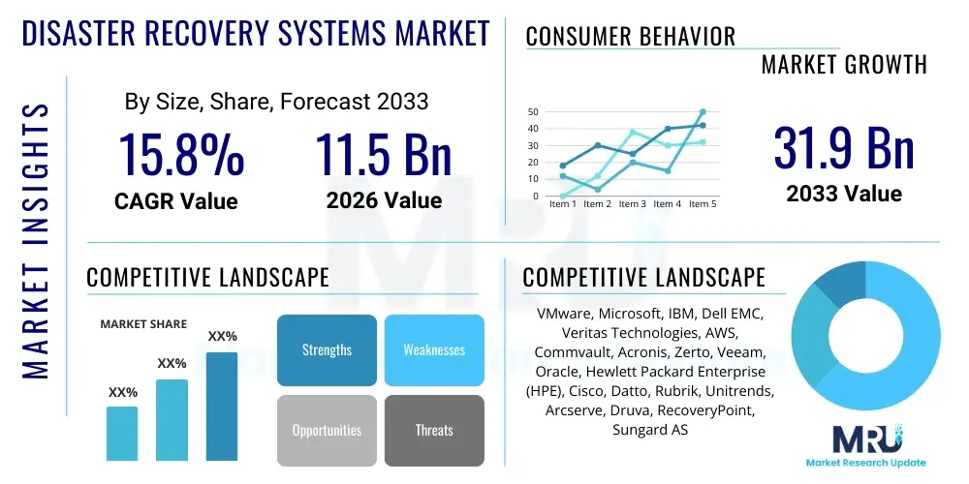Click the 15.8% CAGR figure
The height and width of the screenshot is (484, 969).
(x=180, y=155)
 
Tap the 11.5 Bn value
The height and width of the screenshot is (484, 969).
(x=384, y=155)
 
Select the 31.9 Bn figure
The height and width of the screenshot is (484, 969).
(x=844, y=148)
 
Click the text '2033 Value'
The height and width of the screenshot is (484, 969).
(x=844, y=194)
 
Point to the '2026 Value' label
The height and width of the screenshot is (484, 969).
(x=384, y=200)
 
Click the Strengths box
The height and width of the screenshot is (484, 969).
(x=327, y=349)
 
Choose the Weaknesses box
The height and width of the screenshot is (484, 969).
(x=434, y=349)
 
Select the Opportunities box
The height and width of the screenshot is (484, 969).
(x=327, y=430)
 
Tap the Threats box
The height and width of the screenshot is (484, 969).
(x=434, y=430)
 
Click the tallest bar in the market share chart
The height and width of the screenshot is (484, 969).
(x=222, y=406)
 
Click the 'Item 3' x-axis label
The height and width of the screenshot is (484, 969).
(x=633, y=204)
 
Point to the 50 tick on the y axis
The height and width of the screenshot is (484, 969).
(x=532, y=112)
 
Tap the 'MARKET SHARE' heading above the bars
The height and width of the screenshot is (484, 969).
(x=143, y=324)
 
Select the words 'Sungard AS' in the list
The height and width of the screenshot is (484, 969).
(x=650, y=429)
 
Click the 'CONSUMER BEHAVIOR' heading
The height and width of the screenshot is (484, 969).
(x=630, y=37)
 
